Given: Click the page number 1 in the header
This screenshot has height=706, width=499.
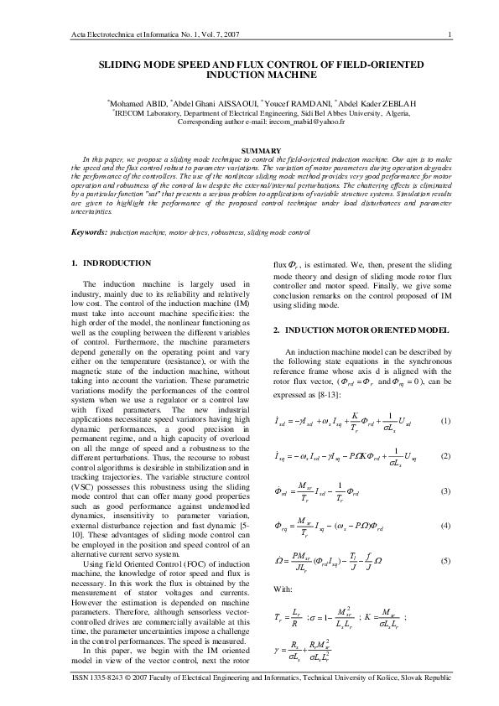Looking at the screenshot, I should pos(451,34).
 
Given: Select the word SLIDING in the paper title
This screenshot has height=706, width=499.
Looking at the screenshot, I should pos(123,64).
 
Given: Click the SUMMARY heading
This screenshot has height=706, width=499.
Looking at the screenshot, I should pos(249,150).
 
